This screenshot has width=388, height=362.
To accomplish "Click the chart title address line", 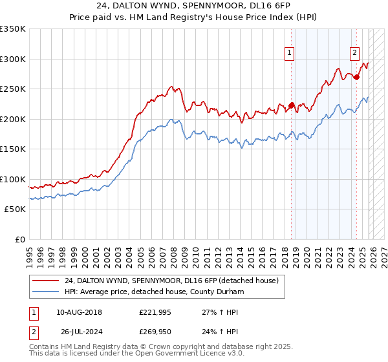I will pyautogui.click(x=193, y=6).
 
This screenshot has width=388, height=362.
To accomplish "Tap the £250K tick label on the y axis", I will pyautogui.click(x=13, y=89).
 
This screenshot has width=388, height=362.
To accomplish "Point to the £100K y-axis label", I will pyautogui.click(x=13, y=179).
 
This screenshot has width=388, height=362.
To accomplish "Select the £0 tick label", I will pyautogui.click(x=20, y=239).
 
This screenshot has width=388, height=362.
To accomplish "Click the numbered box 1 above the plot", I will pyautogui.click(x=289, y=54).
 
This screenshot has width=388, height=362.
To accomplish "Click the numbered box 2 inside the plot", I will pyautogui.click(x=355, y=54).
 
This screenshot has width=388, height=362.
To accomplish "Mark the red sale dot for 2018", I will pyautogui.click(x=291, y=105).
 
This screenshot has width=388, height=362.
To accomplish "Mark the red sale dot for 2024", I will pyautogui.click(x=356, y=77).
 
